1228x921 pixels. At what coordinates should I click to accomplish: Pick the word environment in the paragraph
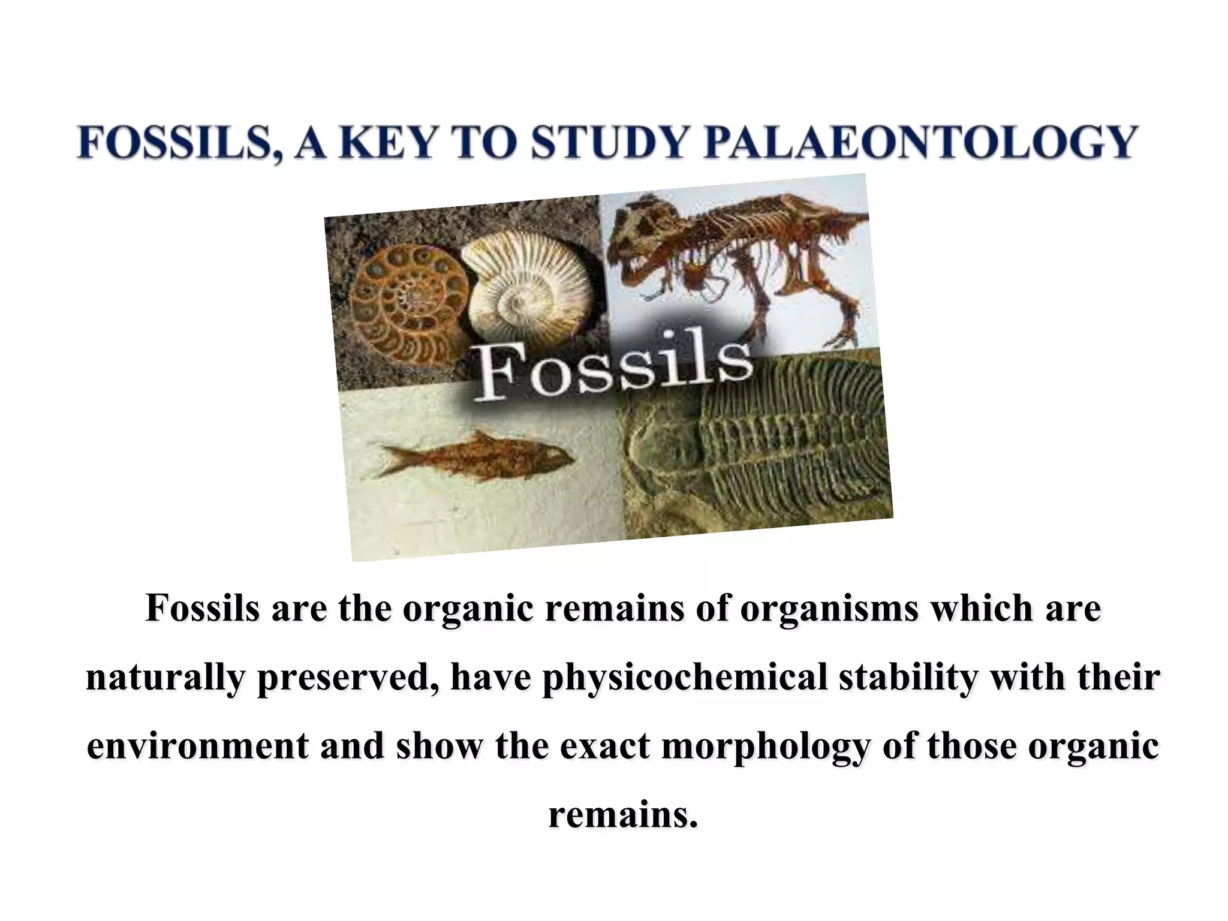[x=197, y=746]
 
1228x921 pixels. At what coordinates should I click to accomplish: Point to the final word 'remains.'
[x=623, y=815]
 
